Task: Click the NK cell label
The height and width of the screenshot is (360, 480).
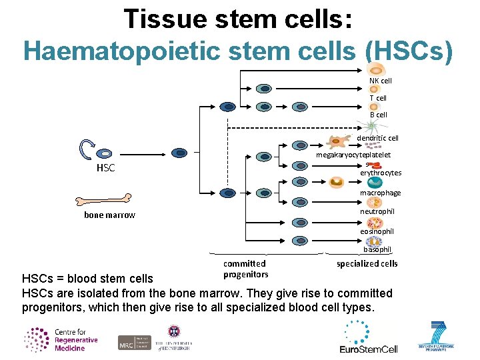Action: coord(381,81)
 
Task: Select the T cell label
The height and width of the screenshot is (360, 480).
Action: coord(378,98)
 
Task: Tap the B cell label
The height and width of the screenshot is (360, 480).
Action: coord(378,115)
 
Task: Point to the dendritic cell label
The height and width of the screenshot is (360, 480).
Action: coord(377,138)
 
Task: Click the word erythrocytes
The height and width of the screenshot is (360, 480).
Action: coord(381,173)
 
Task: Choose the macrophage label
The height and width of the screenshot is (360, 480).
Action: coord(381,193)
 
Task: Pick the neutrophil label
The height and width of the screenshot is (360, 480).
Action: coord(377,211)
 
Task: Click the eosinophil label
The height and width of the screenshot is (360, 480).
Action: coord(377,231)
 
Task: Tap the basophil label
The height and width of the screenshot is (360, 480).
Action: coord(377,249)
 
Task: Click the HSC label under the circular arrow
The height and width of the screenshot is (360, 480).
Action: coord(105,168)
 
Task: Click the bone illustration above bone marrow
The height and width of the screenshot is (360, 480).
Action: coord(103,199)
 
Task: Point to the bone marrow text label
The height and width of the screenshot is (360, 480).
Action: coord(109,215)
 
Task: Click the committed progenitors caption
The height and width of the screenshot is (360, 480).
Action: coord(245,269)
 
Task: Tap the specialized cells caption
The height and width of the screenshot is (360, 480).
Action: coord(367,263)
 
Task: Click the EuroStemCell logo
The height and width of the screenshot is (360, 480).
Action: coord(368,337)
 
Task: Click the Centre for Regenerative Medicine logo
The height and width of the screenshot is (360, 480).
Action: coord(61,339)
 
